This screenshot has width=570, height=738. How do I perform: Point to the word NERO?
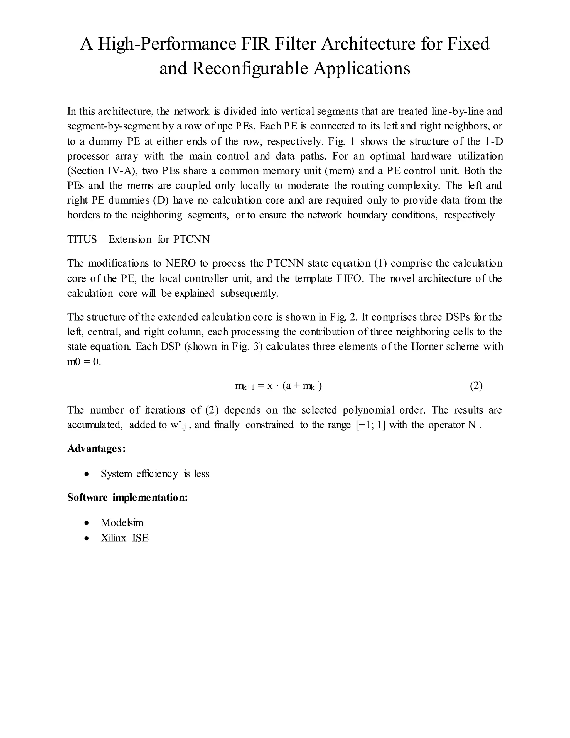[180, 263]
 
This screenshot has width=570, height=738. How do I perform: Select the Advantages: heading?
[97, 449]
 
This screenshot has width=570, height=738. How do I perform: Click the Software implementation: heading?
[127, 498]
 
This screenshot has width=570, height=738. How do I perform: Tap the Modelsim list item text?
[122, 523]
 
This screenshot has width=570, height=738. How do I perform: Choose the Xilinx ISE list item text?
[125, 538]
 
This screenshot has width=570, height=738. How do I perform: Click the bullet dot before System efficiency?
[87, 474]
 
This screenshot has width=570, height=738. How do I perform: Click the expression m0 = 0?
[84, 362]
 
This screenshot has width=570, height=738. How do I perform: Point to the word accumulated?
[95, 425]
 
